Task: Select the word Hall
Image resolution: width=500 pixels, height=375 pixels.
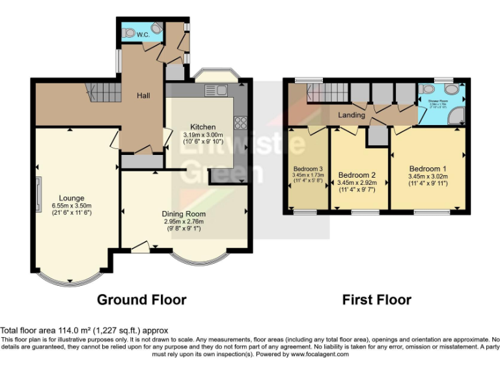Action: (143, 96)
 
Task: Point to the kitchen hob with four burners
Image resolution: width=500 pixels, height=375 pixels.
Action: (239, 122)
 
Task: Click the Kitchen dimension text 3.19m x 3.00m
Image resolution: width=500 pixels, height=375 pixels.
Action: (199, 135)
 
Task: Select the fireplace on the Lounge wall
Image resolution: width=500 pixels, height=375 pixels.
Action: (38, 195)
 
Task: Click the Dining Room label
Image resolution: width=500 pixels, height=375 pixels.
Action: (184, 214)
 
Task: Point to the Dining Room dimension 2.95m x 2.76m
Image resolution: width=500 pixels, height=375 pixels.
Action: (184, 221)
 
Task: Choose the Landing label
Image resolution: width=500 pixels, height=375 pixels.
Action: (352, 115)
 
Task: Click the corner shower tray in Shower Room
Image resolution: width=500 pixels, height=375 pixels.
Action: (459, 117)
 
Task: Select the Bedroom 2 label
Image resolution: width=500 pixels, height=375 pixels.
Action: (357, 175)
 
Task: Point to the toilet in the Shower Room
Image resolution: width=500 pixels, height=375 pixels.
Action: (427, 89)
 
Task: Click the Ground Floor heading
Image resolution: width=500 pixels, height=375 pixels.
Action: (141, 299)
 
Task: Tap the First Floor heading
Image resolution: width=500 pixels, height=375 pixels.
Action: (376, 299)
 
